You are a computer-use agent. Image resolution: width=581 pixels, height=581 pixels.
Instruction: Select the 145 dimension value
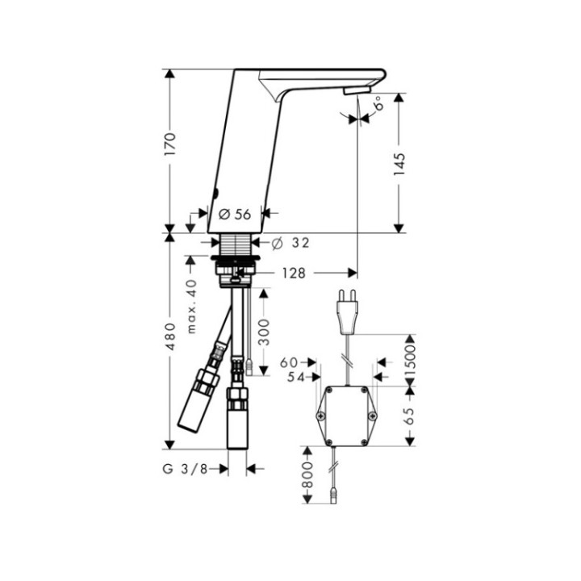399,164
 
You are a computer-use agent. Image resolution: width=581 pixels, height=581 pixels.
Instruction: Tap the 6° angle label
377,102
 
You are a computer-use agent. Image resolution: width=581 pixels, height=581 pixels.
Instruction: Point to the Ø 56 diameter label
235,214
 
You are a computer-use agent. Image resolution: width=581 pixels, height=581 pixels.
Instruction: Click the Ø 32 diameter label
290,242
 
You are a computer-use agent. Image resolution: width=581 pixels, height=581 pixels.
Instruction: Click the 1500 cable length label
412,360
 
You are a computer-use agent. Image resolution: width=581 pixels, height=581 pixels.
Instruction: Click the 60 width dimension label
290,362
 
